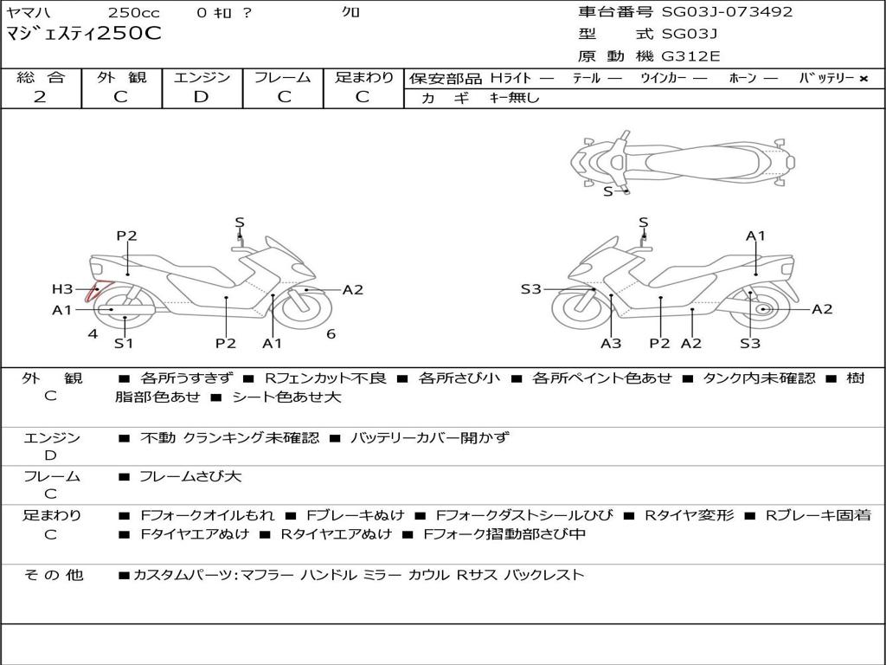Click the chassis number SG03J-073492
(727, 12)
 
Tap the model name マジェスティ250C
(84, 34)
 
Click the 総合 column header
(41, 78)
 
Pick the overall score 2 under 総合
(41, 97)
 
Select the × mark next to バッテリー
(863, 79)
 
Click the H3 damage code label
(62, 289)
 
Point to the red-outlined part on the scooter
(93, 290)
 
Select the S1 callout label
(125, 343)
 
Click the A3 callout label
(611, 343)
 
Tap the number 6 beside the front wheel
(331, 333)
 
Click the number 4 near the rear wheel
(93, 333)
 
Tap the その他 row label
(52, 575)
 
